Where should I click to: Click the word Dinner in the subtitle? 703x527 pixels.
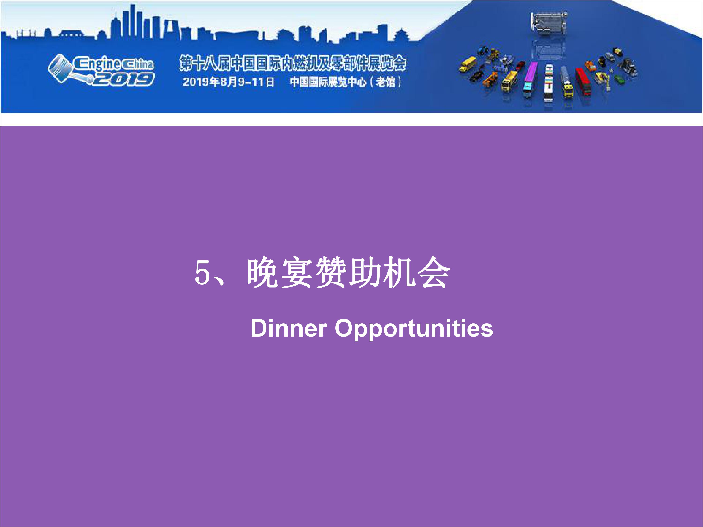288,328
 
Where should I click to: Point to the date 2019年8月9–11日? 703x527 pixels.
228,82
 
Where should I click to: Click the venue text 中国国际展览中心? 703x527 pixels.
328,82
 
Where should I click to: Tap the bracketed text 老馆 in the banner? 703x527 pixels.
385,82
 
